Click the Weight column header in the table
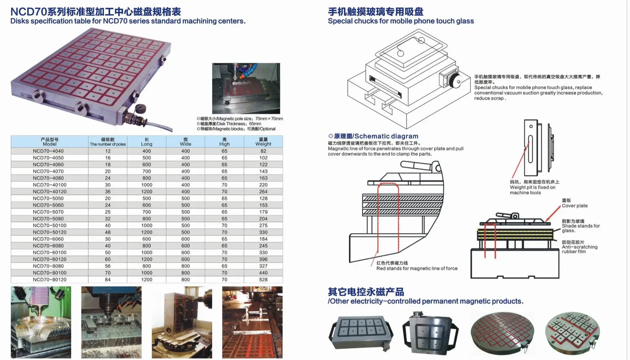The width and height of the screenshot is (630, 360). click(x=263, y=142)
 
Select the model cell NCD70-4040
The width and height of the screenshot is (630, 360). click(x=48, y=151)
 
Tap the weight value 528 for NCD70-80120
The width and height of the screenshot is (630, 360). click(x=263, y=280)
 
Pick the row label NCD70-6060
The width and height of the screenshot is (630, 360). click(x=48, y=239)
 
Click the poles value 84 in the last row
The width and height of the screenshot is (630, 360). click(x=108, y=280)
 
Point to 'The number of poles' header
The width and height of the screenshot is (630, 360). click(x=108, y=144)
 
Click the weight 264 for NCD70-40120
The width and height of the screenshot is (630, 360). click(x=263, y=192)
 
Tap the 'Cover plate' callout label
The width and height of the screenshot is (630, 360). click(x=575, y=206)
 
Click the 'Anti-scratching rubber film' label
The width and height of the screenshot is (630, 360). click(x=579, y=247)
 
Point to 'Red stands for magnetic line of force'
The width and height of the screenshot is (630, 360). click(x=417, y=268)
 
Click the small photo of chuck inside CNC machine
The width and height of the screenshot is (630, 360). click(x=246, y=88)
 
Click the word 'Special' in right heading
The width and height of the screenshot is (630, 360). click(x=340, y=21)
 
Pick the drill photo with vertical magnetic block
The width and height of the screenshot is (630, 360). click(x=182, y=322)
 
